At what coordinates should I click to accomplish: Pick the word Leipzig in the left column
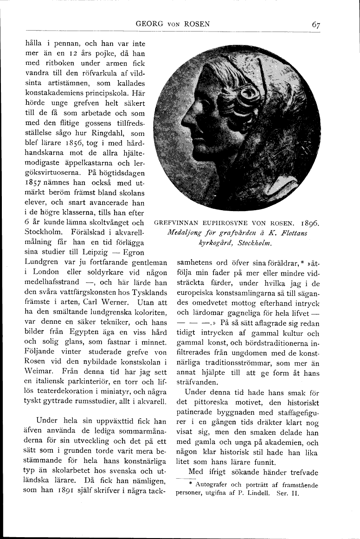point(97,252)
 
